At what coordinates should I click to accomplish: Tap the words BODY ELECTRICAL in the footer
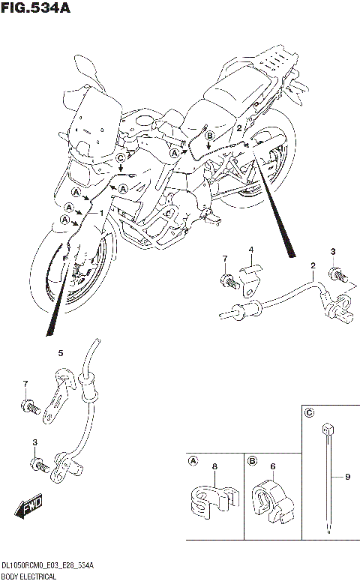click(x=31, y=575)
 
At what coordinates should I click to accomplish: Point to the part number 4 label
click(x=251, y=250)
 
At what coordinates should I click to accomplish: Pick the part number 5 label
click(x=61, y=352)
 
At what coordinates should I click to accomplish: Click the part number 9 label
click(x=347, y=475)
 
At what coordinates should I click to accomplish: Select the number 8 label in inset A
click(x=214, y=466)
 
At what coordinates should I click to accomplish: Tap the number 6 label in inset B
click(x=273, y=466)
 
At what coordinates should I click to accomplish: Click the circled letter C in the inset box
click(x=309, y=412)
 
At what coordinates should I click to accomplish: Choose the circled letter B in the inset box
click(x=253, y=461)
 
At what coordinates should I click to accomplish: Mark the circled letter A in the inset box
click(x=193, y=461)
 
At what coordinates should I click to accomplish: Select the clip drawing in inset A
click(x=213, y=501)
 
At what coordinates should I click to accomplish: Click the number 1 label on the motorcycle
click(x=102, y=212)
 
